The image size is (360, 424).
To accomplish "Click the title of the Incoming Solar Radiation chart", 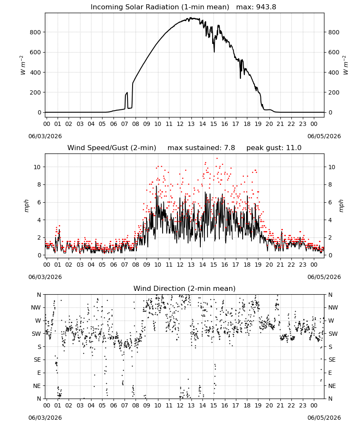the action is tap(160, 7).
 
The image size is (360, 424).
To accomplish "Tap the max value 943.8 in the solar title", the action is tap(266, 7).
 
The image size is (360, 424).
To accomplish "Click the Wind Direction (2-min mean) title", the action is tap(185, 288).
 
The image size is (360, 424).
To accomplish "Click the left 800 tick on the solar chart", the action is tap(36, 32).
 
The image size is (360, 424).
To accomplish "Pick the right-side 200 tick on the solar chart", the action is tap(334, 92).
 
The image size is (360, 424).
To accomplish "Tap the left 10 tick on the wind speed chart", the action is tap(37, 167).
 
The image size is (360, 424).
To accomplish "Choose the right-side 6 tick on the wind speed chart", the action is tap(330, 202).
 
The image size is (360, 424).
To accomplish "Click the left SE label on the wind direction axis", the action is tap(37, 360).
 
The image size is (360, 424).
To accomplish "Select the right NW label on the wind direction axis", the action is tap(333, 307).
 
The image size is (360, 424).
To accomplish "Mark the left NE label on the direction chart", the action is tap(37, 386).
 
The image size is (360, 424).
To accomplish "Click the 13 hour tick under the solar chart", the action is tap(191, 124).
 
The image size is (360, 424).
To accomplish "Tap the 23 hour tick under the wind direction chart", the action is tap(303, 405).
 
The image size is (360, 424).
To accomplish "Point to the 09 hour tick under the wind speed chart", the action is tap(147, 265).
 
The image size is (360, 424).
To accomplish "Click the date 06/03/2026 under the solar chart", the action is tap(45, 136).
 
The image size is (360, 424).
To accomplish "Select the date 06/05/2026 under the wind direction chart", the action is tap(324, 418).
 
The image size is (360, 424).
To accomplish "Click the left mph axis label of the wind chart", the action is tap(26, 206).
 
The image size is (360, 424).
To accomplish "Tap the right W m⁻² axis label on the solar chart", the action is tap(345, 65).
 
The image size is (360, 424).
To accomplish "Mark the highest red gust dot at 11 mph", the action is tap(217, 159).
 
